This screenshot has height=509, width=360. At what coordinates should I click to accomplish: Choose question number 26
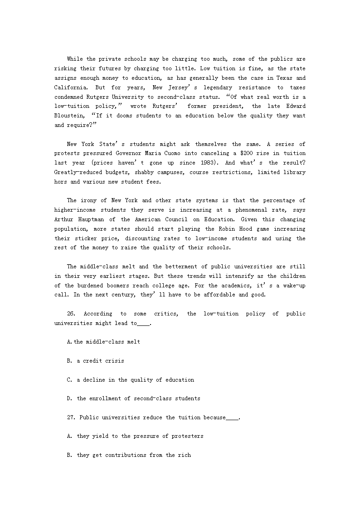pos(72,314)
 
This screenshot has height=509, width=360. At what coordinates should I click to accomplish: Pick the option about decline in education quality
pos(131,380)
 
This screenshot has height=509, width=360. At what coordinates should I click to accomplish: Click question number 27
pos(72,417)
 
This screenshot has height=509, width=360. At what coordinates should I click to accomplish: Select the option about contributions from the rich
pos(129,455)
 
